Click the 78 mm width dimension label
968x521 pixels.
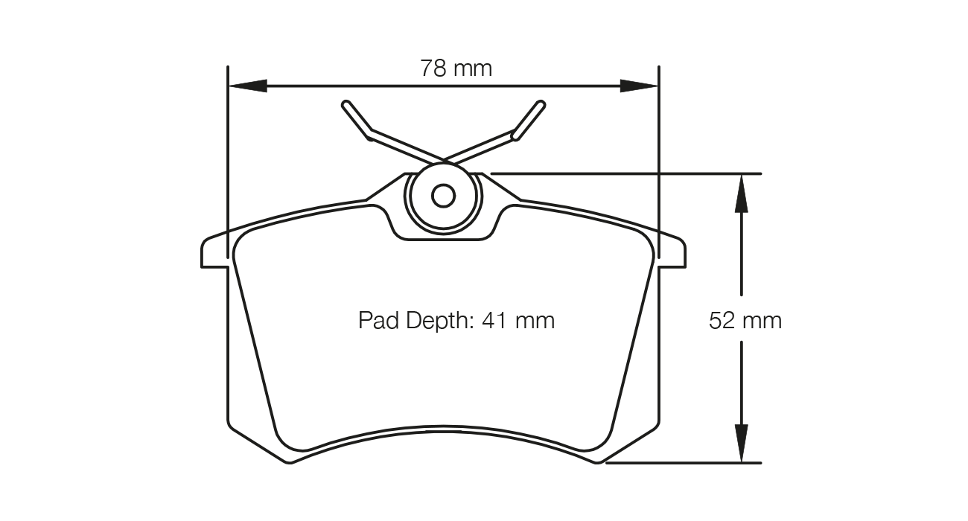tap(456, 68)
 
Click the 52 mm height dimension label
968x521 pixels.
tap(745, 321)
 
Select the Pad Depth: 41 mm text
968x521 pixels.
tap(456, 321)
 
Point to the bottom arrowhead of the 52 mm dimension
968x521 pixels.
tap(741, 444)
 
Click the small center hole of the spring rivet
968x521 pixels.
tap(444, 196)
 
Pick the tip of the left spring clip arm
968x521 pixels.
tap(346, 104)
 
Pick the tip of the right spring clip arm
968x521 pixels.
tap(541, 104)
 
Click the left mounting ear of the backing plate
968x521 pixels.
tap(213, 253)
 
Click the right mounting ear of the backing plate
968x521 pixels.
tap(673, 253)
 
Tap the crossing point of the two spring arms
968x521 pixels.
tap(444, 159)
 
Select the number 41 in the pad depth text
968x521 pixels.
tap(496, 321)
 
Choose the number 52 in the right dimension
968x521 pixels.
tap(722, 321)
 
